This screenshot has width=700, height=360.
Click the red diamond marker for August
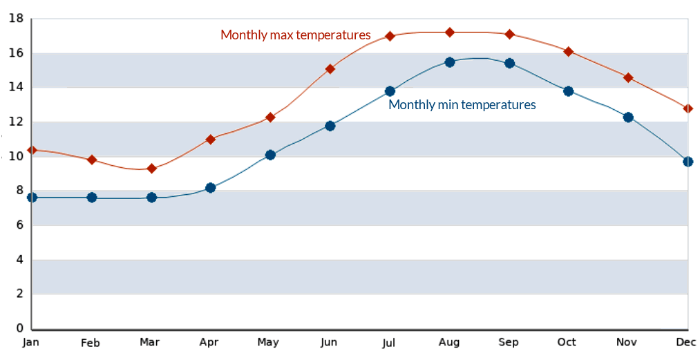(450, 32)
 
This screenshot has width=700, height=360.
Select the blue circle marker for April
(211, 188)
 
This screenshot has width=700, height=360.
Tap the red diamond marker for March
(151, 169)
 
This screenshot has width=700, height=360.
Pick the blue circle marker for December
(688, 162)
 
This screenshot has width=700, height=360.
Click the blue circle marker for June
(330, 126)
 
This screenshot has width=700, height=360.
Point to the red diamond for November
(628, 77)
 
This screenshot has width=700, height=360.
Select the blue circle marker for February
(92, 198)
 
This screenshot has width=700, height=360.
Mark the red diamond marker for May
(270, 117)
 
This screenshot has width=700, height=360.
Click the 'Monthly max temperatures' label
(295, 35)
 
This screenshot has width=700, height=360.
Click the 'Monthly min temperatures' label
(462, 105)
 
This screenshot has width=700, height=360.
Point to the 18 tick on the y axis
(16, 19)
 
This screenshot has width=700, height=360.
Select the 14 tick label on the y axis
(16, 87)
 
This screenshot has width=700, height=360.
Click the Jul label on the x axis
(388, 343)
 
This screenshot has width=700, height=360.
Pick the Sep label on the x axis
(508, 343)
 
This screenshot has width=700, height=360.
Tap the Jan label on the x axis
(31, 343)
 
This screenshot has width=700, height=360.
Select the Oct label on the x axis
(567, 343)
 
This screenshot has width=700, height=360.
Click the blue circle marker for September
(509, 64)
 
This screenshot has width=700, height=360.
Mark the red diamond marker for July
(390, 36)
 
